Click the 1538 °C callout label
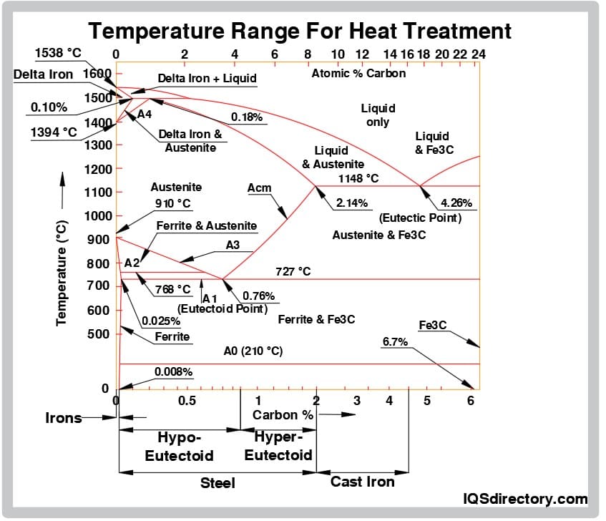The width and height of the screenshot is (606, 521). tap(59, 53)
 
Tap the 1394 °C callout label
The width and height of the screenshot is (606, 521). tap(54, 132)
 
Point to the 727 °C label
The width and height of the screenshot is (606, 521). tap(293, 271)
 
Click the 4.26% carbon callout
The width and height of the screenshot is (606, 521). tap(456, 203)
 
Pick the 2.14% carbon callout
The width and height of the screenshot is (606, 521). tap(351, 203)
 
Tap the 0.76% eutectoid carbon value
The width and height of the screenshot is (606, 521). tap(259, 296)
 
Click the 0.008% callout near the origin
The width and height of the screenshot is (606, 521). tap(173, 371)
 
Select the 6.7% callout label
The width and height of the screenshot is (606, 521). tap(395, 342)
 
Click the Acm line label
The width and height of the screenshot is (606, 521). tap(259, 188)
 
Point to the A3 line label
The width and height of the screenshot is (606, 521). tap(233, 245)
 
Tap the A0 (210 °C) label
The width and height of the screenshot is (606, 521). tap(253, 351)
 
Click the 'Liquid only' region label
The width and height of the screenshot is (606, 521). tap(378, 115)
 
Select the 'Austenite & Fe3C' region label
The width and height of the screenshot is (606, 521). tap(379, 235)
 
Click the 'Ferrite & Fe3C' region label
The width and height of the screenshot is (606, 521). tap(316, 319)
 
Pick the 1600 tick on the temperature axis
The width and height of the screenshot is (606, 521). tap(97, 73)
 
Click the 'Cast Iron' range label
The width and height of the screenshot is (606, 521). tap(362, 482)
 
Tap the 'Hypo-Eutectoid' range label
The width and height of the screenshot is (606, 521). tap(180, 446)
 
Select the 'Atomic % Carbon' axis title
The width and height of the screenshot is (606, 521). tap(358, 73)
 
